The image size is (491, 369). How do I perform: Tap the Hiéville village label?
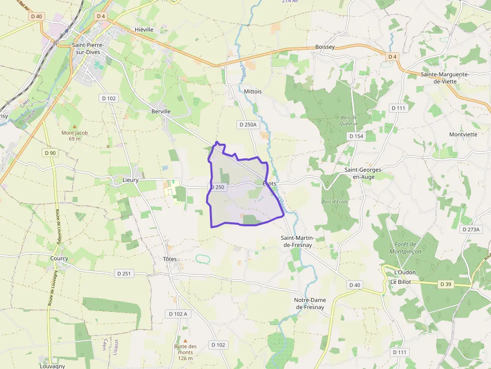(x=144, y=30)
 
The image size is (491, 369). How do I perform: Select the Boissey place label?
(x=325, y=47)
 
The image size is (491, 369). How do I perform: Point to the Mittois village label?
(x=253, y=92)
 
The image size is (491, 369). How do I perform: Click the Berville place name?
(x=161, y=111)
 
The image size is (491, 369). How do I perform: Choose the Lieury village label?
(x=130, y=180)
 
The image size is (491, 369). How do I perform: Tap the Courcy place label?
(x=59, y=258)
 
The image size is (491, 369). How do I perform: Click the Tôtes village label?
(x=170, y=259)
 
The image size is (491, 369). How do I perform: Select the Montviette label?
(x=463, y=134)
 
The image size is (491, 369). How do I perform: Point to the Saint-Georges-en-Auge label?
(x=363, y=173)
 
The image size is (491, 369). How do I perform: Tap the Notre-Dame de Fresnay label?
(x=310, y=303)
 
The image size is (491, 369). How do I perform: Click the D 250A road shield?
(x=247, y=124)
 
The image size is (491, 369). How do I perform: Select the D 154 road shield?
(x=356, y=136)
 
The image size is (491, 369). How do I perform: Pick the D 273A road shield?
(x=471, y=229)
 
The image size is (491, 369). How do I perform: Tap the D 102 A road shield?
(x=178, y=314)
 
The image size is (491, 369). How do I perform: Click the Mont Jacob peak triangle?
(x=75, y=127)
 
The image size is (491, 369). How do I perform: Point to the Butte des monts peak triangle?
(x=185, y=340)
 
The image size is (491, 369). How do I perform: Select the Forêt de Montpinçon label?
(x=405, y=248)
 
